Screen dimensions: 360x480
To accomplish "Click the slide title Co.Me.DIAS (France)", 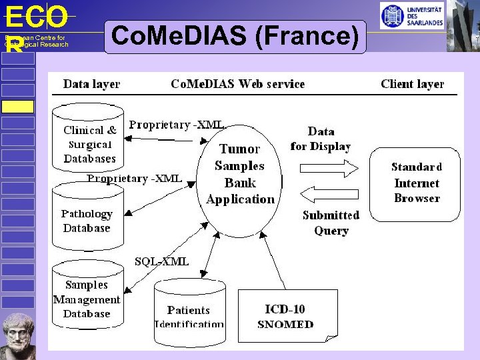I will click(236, 37).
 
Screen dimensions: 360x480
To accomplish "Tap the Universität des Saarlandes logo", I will click(411, 16).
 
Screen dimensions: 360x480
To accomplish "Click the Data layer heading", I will click(91, 84).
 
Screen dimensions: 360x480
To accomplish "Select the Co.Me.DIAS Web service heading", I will click(237, 84).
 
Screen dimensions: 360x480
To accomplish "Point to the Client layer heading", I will click(412, 84).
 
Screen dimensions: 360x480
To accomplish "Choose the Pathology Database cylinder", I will click(87, 217).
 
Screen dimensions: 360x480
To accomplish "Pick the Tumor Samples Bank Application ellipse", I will click(239, 173).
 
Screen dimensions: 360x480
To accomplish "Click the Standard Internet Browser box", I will click(416, 183).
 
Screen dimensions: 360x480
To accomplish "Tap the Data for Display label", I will click(321, 139).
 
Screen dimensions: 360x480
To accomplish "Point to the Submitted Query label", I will click(331, 223).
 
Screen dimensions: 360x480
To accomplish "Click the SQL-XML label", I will click(161, 261).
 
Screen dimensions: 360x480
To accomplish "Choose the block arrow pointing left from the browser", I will click(331, 194).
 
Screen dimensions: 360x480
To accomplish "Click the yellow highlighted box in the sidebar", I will click(17, 107).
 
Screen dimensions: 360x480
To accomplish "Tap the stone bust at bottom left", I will click(18, 335).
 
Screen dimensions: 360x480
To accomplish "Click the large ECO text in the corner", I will click(36, 17).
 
